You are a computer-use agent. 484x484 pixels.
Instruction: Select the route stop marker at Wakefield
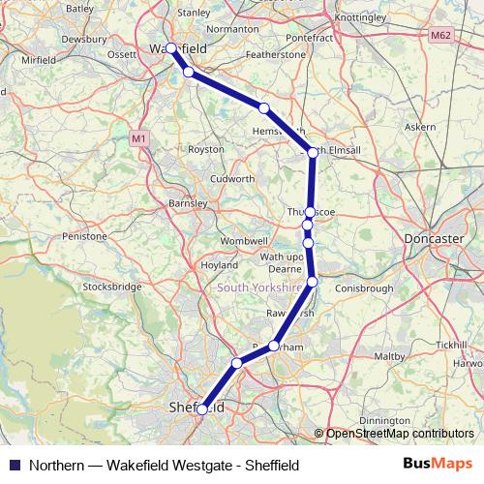tap(171, 47)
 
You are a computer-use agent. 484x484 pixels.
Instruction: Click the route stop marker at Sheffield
tap(201, 409)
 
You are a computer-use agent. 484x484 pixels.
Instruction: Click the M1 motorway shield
tap(138, 138)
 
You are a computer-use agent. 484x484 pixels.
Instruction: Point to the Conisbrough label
tap(362, 287)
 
